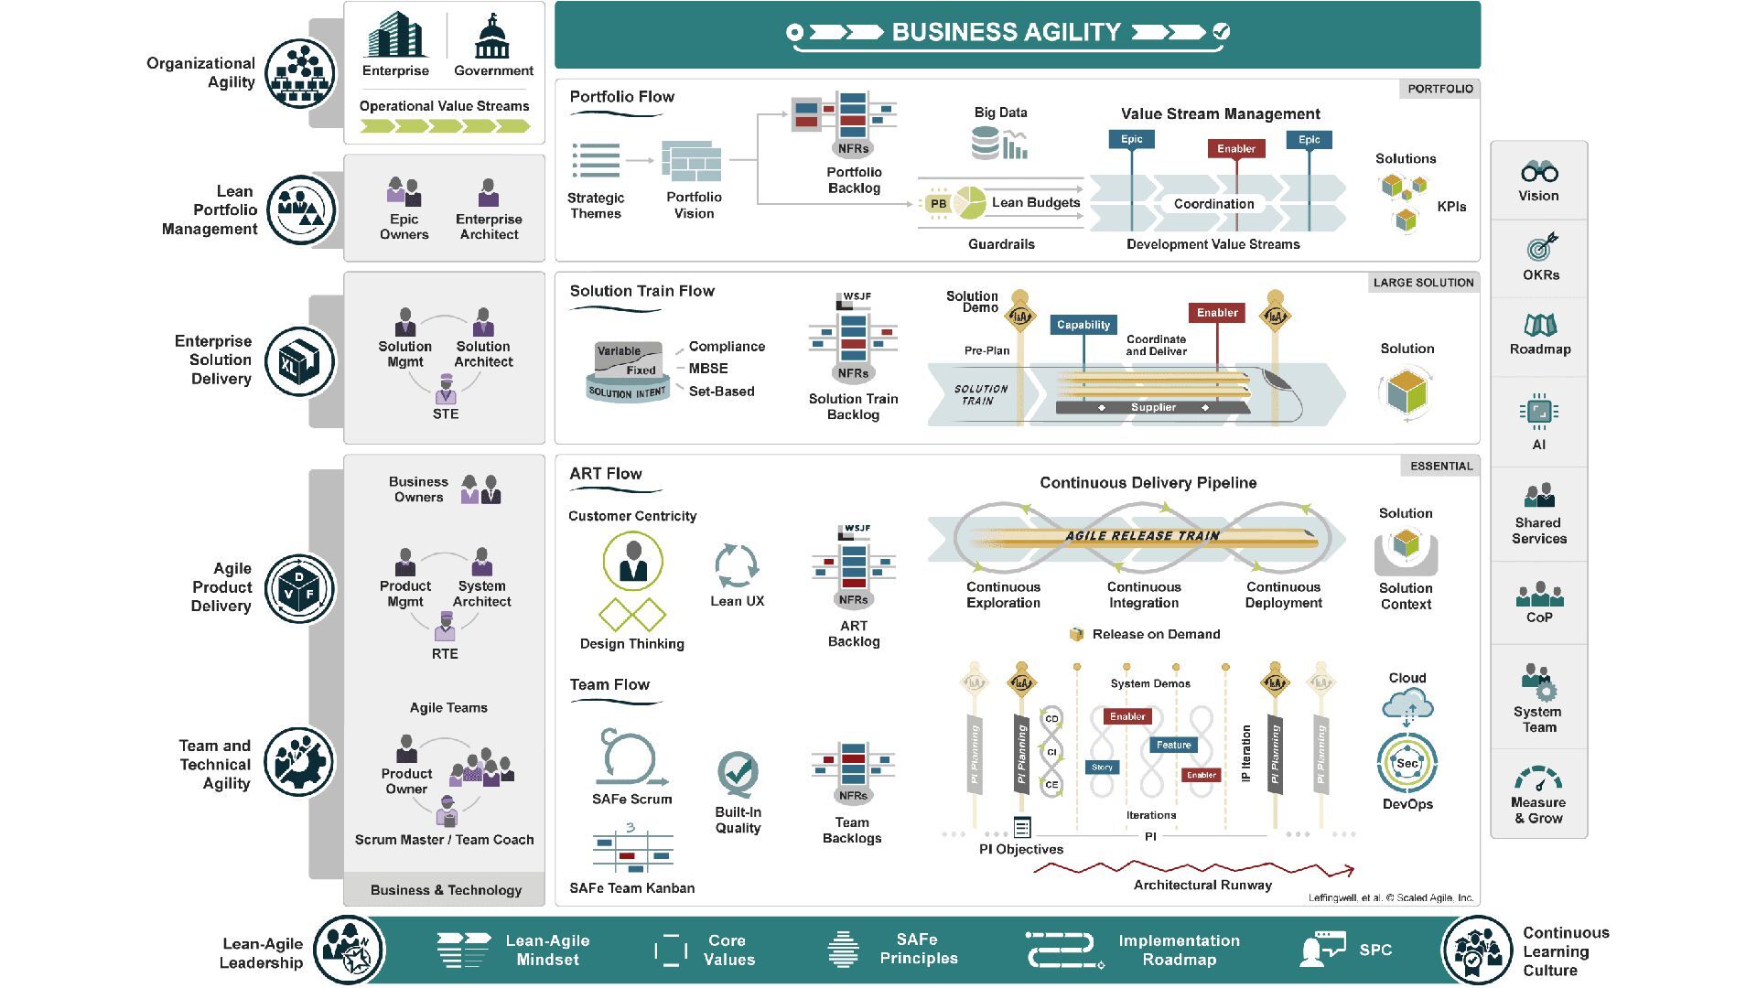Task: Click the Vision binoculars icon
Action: point(1539,171)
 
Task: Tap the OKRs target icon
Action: point(1541,247)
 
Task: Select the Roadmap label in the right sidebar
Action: point(1540,349)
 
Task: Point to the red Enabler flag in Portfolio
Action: point(1235,148)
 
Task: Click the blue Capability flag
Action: point(1083,325)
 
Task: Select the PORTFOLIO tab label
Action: point(1439,89)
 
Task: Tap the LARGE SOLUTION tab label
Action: point(1423,283)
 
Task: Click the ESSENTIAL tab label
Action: point(1440,466)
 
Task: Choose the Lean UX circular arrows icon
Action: point(737,565)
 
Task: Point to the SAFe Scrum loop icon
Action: point(630,758)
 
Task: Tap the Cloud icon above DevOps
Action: point(1407,704)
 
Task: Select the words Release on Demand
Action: point(1156,634)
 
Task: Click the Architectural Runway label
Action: point(1202,885)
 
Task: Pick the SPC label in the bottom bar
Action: point(1375,950)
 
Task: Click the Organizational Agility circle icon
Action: point(300,73)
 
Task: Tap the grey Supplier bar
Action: point(1153,407)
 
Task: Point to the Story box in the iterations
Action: point(1102,767)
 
